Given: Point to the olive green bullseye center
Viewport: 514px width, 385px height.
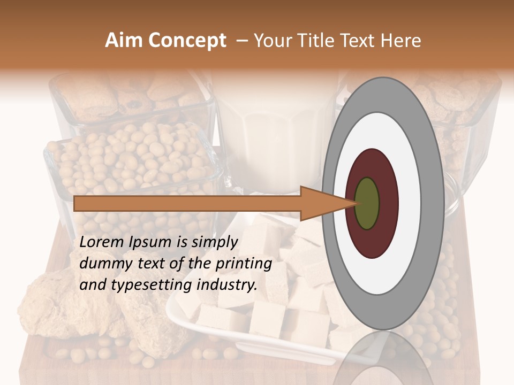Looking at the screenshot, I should pos(367,204).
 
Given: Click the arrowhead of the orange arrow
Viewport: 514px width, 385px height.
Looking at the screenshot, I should pos(327,204).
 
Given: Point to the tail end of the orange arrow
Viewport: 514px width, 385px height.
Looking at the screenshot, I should pos(77,204).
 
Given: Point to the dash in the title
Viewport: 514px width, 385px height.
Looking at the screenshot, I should pos(241,41).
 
